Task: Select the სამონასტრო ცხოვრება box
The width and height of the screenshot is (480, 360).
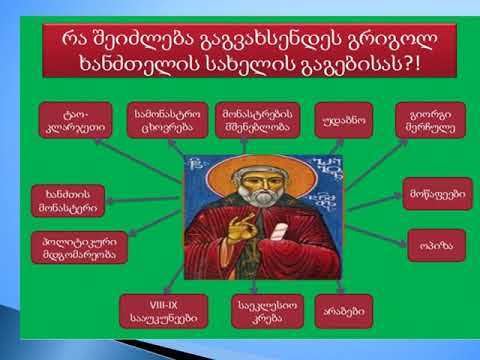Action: point(162,121)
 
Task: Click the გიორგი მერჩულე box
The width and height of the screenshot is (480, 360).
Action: point(429,121)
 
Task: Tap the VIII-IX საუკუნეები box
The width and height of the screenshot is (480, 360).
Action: point(157,311)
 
